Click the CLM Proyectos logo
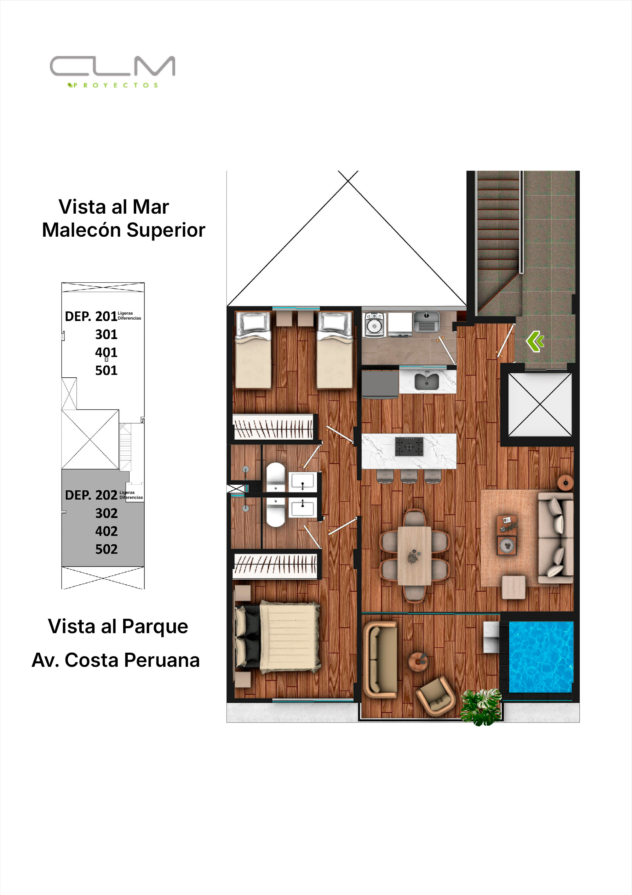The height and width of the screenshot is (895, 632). click(113, 72)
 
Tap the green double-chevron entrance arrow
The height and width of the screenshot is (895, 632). click(535, 342)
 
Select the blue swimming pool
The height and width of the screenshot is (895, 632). click(541, 657)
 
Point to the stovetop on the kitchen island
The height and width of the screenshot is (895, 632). click(409, 446)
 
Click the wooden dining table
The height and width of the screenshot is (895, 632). click(414, 556)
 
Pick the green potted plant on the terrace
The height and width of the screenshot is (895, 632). click(481, 707)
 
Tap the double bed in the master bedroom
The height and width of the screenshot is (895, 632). click(278, 637)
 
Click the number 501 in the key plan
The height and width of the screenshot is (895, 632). click(106, 370)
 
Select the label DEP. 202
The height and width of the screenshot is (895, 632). click(91, 495)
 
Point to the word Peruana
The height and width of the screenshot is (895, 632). click(162, 660)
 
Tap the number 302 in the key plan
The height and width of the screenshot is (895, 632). click(106, 513)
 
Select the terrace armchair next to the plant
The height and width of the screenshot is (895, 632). click(436, 697)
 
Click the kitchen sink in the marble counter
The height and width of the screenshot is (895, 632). click(427, 381)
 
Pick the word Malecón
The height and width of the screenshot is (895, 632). click(81, 230)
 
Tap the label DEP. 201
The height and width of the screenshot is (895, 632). click(91, 316)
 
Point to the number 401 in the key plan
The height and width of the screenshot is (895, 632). click(106, 353)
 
